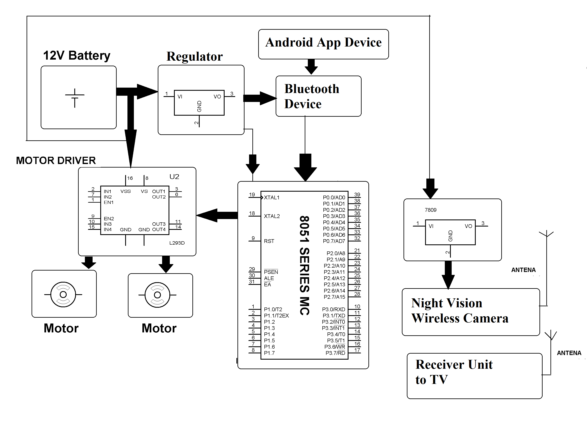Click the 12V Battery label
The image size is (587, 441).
(x=76, y=56)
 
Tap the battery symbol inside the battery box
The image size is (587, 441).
(x=75, y=98)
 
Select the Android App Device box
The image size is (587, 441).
(x=323, y=44)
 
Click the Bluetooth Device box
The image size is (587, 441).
(x=318, y=96)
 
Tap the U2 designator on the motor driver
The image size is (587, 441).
(x=174, y=177)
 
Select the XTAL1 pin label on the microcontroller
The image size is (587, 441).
(x=271, y=197)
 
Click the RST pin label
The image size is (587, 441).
(x=269, y=241)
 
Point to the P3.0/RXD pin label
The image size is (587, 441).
(x=333, y=309)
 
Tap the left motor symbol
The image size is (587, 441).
(x=63, y=294)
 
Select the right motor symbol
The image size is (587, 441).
(x=157, y=295)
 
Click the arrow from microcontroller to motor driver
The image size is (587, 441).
(x=217, y=215)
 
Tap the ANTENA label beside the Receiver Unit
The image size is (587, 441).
(x=569, y=353)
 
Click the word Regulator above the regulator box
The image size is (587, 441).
(x=194, y=56)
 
